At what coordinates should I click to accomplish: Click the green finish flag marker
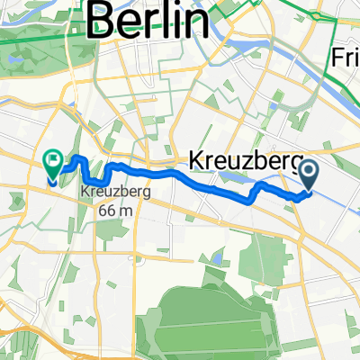[x=52, y=164]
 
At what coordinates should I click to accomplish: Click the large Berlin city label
[x=152, y=19]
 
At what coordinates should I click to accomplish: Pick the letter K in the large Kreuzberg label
[x=196, y=159]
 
